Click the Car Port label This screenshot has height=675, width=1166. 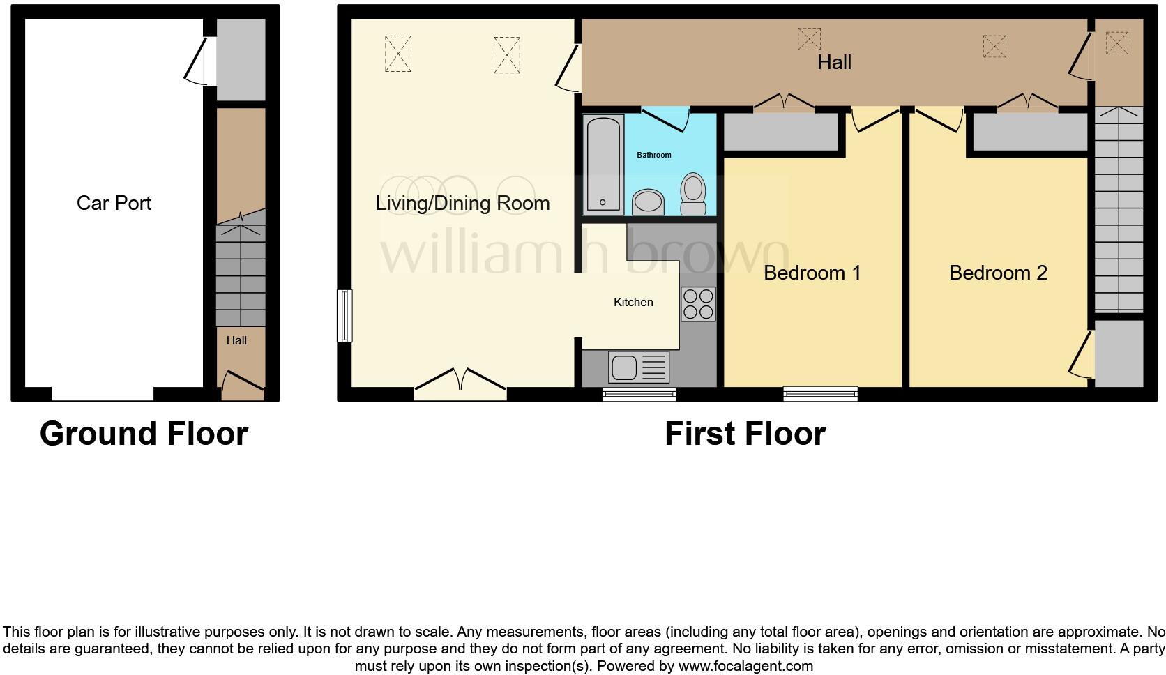click(x=114, y=203)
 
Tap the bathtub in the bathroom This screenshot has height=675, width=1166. click(x=603, y=165)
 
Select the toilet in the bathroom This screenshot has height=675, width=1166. click(x=692, y=193)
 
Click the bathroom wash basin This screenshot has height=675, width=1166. click(x=649, y=202)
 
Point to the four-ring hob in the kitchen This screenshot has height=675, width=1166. click(x=698, y=304)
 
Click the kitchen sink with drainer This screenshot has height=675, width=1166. click(x=638, y=367)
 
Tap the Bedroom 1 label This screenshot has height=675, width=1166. click(x=812, y=273)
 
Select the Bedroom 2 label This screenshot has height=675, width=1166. click(x=998, y=273)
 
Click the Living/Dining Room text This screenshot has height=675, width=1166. click(x=462, y=203)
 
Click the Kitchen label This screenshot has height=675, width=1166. click(x=633, y=302)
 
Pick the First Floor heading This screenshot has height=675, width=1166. click(x=745, y=433)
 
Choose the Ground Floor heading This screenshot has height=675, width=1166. click(x=144, y=433)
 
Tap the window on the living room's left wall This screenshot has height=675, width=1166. click(x=344, y=316)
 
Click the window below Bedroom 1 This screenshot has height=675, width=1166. click(x=820, y=394)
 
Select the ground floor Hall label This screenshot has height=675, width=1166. click(x=236, y=341)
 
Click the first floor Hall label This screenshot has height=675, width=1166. click(x=834, y=62)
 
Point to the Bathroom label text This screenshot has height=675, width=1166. click(x=653, y=155)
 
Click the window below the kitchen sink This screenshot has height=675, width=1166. click(x=639, y=395)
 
